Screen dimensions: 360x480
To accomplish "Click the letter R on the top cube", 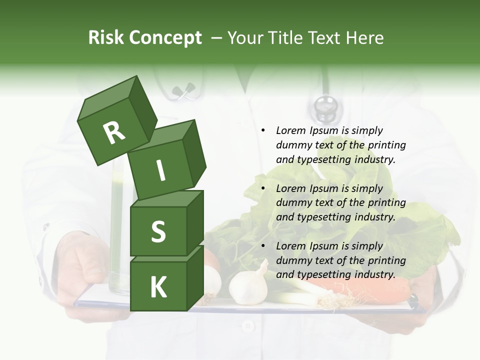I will coord(113,132).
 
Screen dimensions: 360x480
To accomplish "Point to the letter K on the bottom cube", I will coord(158,287).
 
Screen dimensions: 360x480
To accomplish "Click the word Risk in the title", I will coord(106,38).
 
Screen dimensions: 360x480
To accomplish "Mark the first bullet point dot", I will coord(262,130).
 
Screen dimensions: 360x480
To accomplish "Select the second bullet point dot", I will coord(262,188).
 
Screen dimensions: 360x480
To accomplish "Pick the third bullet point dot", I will coord(262,246).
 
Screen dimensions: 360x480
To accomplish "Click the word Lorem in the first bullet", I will coord(290,130).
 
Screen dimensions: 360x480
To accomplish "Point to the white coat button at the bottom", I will coord(247,326).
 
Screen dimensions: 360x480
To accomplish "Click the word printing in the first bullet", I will coord(386,145).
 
